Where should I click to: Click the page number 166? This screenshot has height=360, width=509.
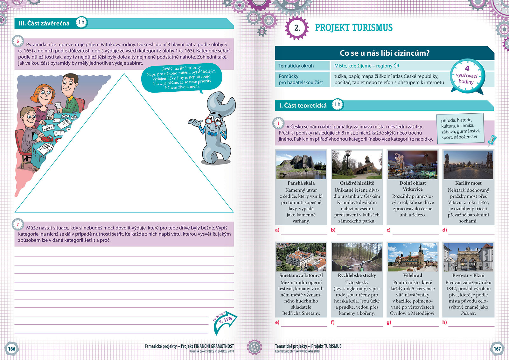12,349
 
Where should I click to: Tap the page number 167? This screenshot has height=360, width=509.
497,349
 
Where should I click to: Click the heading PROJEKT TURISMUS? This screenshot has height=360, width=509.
353,28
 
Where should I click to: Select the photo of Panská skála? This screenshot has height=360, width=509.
301,165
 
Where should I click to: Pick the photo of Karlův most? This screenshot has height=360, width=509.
468,165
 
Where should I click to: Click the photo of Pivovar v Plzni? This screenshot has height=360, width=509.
468,257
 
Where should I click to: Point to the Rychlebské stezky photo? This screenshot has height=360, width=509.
357,257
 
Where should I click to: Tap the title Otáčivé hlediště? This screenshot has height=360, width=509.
357,183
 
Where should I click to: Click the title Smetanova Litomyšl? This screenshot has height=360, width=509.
301,275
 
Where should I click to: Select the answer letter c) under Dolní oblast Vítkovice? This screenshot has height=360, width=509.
388,230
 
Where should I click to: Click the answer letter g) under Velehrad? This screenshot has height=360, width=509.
388,322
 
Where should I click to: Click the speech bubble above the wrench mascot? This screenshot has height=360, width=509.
181,78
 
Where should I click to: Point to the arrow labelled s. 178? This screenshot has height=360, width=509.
225,321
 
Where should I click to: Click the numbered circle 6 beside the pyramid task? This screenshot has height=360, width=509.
18,41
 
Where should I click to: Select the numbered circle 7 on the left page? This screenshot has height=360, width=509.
18,224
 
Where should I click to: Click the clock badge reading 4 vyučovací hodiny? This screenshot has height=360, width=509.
467,76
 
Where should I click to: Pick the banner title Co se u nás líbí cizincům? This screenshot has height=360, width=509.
384,53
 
